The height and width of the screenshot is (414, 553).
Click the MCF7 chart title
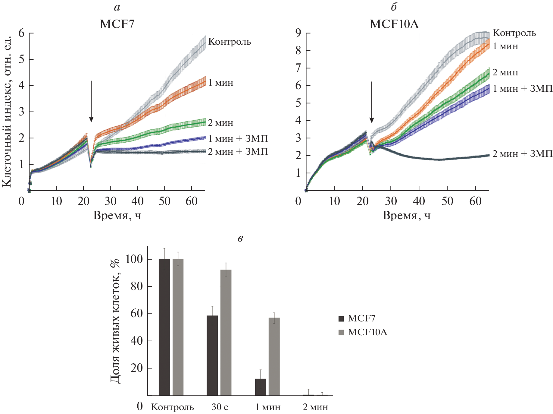coord(117,24)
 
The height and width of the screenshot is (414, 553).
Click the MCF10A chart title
coord(394,24)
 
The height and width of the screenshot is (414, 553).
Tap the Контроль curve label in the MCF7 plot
coord(230,42)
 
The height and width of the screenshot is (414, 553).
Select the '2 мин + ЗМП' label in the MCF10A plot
coord(523,154)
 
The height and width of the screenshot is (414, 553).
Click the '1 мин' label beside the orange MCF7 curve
coord(220,83)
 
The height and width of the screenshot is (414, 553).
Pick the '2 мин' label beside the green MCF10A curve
coord(505,72)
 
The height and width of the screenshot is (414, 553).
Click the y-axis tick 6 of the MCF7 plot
coord(21,33)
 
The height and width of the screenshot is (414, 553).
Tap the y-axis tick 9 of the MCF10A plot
coord(298,33)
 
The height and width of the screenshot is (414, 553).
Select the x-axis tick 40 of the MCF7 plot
coord(137,201)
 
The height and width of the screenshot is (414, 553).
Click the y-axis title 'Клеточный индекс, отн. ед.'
coord(7,112)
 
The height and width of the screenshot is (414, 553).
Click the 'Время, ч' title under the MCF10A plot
coord(406,216)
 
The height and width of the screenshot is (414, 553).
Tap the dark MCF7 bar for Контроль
coord(164,327)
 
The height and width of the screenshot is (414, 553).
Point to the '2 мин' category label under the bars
coord(315,407)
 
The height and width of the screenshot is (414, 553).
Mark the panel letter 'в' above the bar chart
coord(240,239)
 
